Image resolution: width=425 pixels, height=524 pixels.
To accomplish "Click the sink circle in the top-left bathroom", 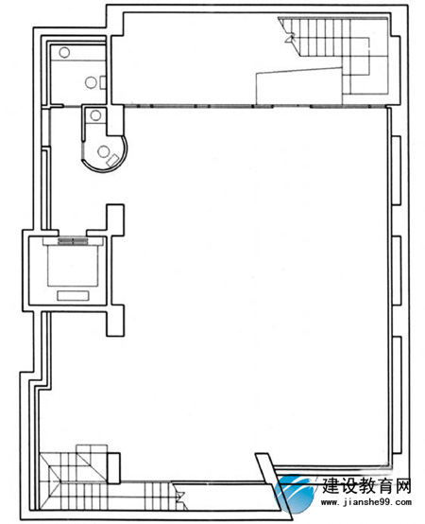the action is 64,52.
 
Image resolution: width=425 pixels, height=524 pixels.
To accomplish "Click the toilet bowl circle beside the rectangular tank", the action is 91,82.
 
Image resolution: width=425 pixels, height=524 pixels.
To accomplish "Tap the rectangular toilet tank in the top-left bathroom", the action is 103,82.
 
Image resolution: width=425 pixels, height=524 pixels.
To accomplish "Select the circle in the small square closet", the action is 95,115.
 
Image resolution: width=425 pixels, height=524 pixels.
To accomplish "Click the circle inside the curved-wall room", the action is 103,152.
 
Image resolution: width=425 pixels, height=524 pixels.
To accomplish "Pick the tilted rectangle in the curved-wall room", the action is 112,160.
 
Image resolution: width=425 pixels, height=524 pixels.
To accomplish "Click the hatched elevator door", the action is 73,241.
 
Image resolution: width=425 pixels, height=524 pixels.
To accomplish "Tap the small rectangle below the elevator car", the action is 73,295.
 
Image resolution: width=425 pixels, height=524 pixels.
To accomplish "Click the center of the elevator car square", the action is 73,266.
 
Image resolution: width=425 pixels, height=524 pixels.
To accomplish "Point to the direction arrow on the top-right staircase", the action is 290,38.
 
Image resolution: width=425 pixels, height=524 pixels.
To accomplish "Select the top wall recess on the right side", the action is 397,169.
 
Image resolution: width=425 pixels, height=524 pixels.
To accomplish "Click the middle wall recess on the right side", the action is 397,270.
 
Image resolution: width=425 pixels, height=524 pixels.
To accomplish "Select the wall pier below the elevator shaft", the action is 115,321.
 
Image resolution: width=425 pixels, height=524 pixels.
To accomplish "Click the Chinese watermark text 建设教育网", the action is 366,485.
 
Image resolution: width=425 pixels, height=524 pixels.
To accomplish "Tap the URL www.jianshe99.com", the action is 365,502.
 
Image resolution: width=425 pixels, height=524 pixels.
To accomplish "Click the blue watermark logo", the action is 296,494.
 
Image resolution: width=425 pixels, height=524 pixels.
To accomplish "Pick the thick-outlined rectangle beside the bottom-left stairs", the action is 113,468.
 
